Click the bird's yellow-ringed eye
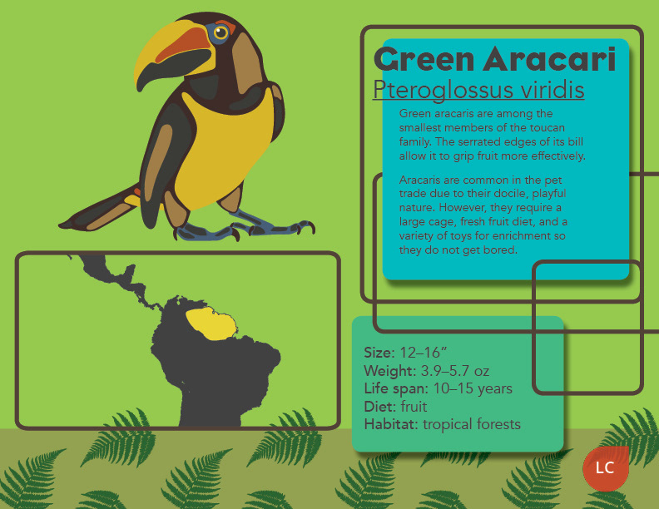[220, 32]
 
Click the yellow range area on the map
[211, 323]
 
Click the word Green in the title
[424, 59]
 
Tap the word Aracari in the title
[549, 59]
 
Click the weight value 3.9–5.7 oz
[455, 371]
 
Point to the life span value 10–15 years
[473, 388]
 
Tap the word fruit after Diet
[414, 407]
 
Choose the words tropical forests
[472, 425]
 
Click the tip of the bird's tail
[61, 225]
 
